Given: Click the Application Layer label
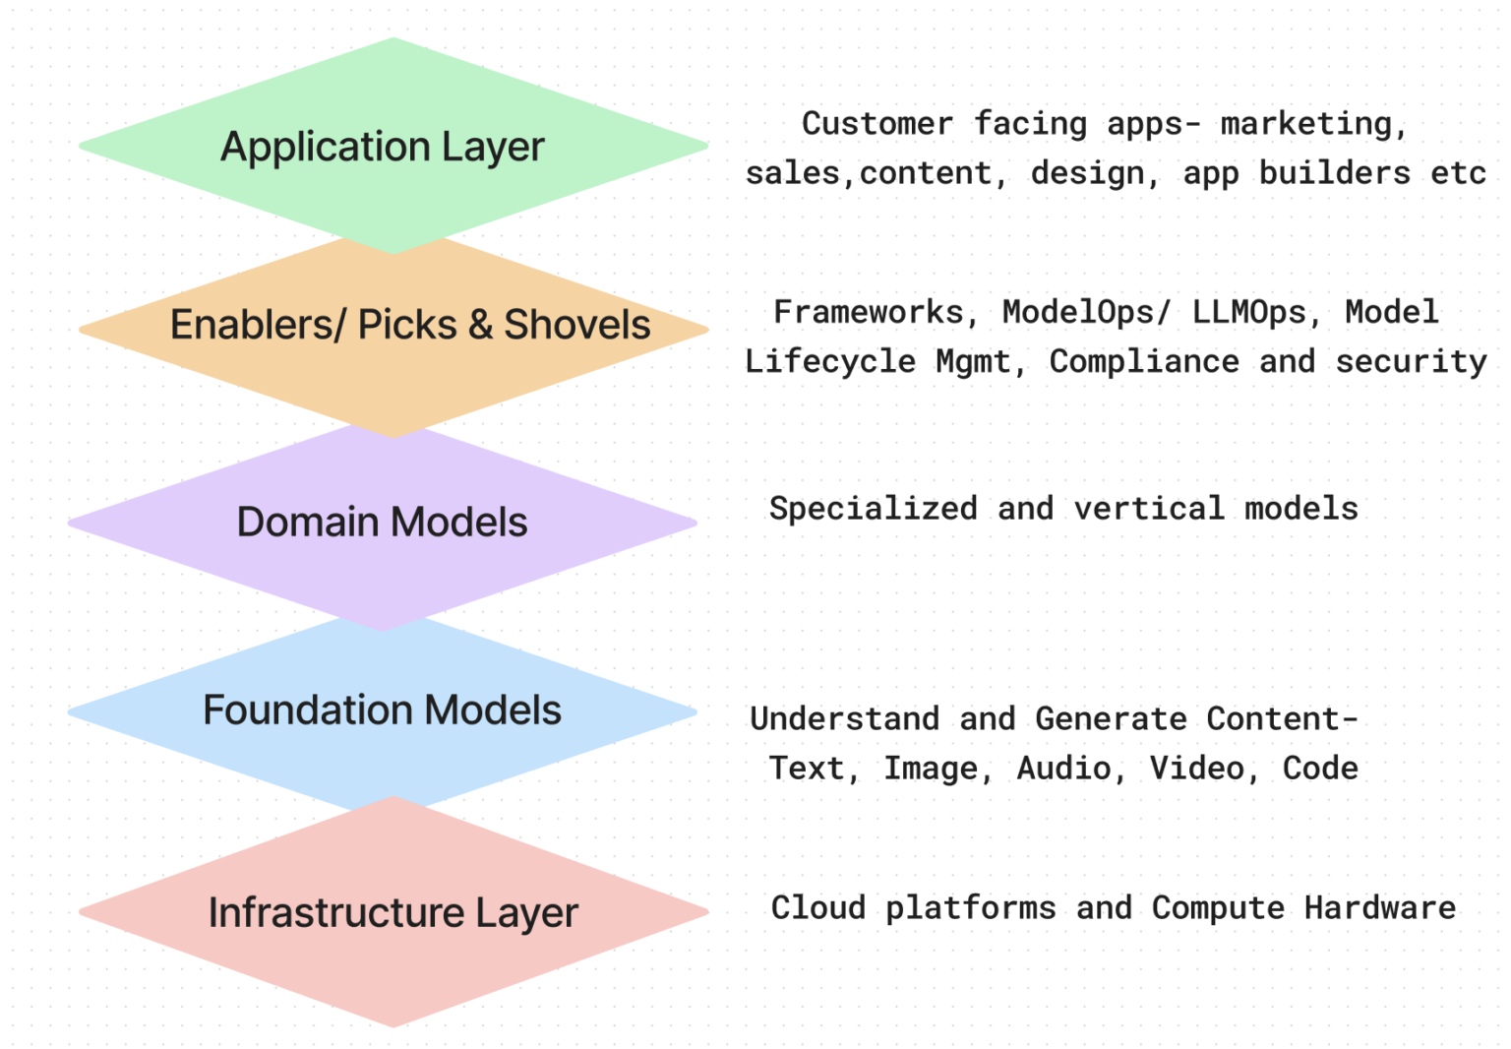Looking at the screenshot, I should pos(382,148).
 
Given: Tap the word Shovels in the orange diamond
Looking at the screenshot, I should pos(577,325).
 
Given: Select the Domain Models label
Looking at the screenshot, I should pos(382,523).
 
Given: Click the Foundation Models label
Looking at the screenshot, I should pos(382,710).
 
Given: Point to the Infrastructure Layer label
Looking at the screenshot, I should pos(393,913).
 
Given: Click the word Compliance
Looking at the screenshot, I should pos(1144,362).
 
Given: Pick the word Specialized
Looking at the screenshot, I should pos(873,509).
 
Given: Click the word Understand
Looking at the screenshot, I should pos(844,719).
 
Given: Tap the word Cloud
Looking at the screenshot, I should pos(817,908).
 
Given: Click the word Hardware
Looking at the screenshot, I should pos(1379,908).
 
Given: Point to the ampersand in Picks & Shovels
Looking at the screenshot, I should pos(480,325).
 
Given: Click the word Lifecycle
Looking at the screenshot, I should pos(829,362).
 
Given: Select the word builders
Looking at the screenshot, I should pos(1334,173).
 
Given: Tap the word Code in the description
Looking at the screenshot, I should pos(1320,769).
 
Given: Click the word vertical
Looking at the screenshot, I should pos(1149,509).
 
